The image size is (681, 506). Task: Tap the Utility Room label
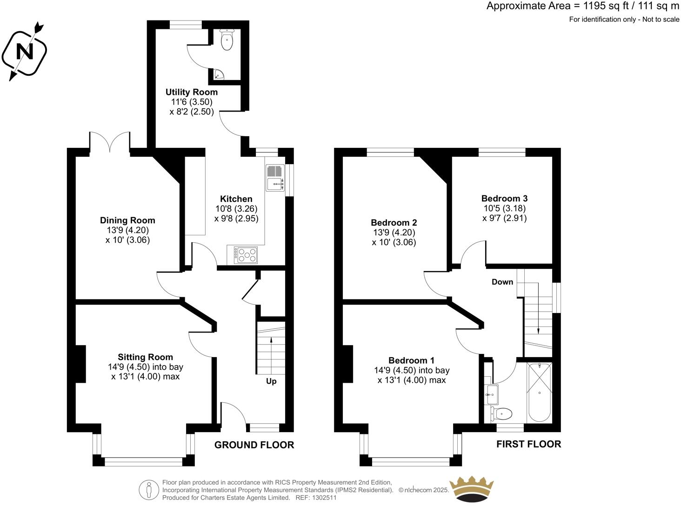tap(191, 92)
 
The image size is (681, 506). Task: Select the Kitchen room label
tap(236, 199)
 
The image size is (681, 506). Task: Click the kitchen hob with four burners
tap(246, 254)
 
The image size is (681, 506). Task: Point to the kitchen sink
tap(275, 178)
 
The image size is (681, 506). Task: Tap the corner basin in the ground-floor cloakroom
tap(219, 75)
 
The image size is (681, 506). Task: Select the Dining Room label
tap(127, 220)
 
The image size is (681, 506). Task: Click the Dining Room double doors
tap(110, 142)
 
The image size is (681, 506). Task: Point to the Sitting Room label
tap(145, 357)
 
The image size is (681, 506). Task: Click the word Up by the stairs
tap(271, 381)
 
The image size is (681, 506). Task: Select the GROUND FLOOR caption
tap(254, 445)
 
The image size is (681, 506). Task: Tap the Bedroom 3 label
tap(504, 199)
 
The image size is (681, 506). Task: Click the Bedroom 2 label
tap(394, 222)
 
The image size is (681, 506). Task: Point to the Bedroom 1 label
tap(411, 360)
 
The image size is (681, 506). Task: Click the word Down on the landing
tap(502, 282)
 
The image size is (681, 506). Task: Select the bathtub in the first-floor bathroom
tap(540, 392)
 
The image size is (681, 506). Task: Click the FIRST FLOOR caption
tap(528, 444)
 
